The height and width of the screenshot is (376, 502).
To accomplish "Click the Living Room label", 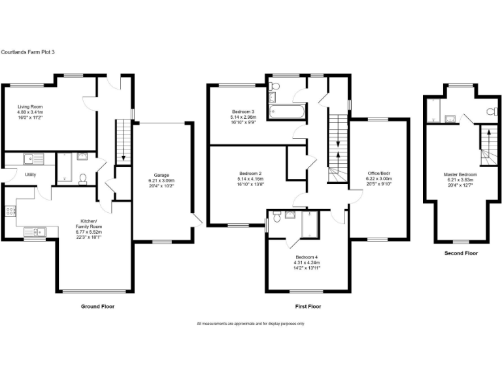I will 30,106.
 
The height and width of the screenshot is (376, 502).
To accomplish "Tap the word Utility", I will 31,175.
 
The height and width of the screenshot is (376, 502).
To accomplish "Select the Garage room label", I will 161,175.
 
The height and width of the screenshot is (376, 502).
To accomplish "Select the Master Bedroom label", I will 460,175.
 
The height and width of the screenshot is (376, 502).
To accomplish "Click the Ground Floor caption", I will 97,306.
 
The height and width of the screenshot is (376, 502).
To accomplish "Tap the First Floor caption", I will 307,306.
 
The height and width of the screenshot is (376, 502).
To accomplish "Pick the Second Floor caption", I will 461,253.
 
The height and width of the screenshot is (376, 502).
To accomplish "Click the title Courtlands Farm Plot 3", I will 27,52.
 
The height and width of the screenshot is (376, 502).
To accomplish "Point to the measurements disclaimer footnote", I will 250,324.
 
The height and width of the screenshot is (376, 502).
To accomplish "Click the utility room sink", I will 28,158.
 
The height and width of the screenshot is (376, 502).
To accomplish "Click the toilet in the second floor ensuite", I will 491,113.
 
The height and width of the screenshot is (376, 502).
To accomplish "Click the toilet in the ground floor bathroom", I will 82,178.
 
